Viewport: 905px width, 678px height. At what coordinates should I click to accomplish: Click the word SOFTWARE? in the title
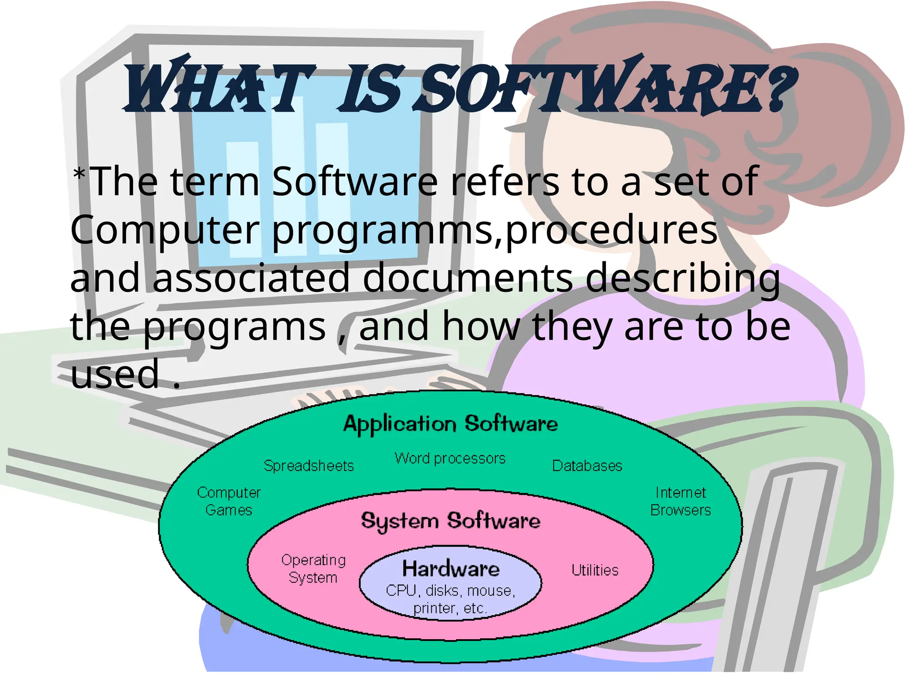point(605,88)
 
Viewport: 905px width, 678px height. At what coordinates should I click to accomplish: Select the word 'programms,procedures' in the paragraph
point(494,230)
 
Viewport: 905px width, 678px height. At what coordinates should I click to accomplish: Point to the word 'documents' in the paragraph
point(468,278)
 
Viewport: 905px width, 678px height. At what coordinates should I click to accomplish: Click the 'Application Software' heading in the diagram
point(450,424)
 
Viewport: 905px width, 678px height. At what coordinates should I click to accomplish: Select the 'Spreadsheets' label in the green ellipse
point(308,466)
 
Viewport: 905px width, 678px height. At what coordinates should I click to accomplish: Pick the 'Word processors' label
point(450,459)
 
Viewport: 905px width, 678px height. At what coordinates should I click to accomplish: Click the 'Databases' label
point(587,466)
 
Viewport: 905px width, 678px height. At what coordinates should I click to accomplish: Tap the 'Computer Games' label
point(229,501)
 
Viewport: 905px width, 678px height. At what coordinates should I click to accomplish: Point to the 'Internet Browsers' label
point(681,501)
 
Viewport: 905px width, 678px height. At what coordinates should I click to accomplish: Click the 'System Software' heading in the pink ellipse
point(450,521)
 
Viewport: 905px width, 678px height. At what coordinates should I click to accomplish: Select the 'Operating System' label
point(313,569)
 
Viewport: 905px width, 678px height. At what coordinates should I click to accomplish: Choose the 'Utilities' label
point(595,570)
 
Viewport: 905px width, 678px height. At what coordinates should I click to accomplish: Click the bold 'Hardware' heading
point(451,569)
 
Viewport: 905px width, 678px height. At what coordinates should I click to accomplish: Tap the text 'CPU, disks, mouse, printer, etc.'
point(450,599)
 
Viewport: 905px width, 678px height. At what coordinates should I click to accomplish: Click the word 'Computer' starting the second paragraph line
point(165,230)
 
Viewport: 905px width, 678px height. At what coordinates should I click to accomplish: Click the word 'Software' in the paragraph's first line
point(354,181)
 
